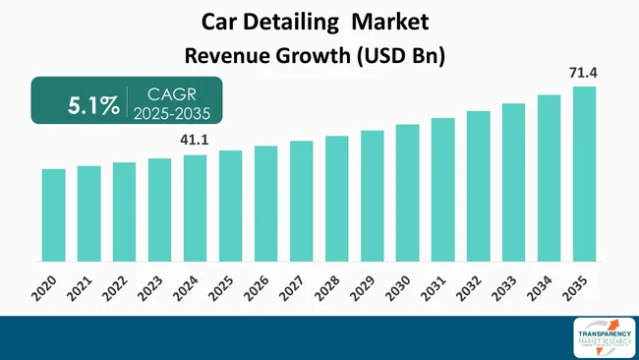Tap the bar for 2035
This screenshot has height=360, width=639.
click(584, 174)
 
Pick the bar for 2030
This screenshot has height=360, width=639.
click(407, 193)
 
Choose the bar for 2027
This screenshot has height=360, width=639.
click(301, 202)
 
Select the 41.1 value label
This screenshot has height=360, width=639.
click(196, 141)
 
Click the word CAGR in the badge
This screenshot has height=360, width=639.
click(171, 95)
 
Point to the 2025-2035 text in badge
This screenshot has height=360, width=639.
click(171, 115)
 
